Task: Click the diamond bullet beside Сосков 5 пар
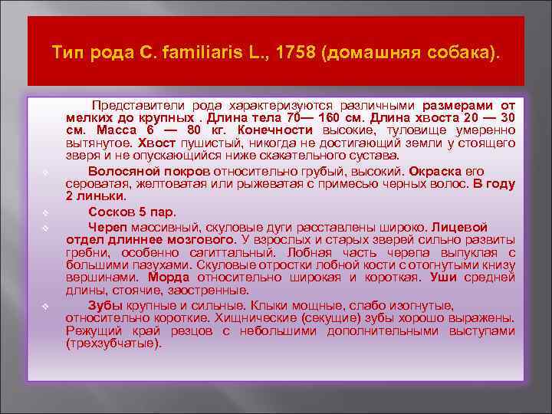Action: click(x=46, y=212)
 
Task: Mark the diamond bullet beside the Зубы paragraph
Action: click(x=46, y=306)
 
